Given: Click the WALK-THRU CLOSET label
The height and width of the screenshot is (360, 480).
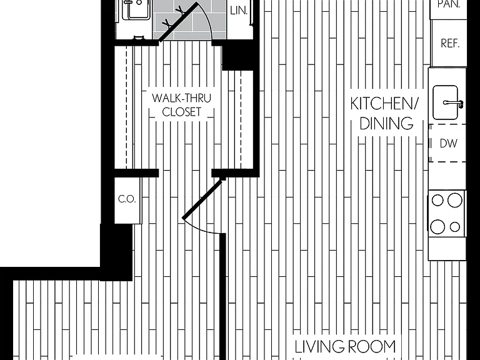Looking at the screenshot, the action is [x=181, y=105].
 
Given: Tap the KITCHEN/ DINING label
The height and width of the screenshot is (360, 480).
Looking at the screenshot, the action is [x=384, y=114].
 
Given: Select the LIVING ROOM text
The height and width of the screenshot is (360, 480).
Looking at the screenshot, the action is [x=345, y=347].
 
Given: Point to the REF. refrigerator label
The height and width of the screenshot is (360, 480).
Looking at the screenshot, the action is [x=450, y=44].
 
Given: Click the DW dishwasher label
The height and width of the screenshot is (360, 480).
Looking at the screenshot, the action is [x=449, y=143].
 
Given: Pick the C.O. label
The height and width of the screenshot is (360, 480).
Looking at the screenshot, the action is [x=127, y=199].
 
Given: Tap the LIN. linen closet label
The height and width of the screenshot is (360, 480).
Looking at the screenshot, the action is [x=239, y=11].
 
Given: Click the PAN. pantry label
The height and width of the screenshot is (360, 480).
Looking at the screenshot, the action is [x=449, y=4].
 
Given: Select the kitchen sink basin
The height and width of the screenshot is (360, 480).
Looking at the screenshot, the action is [x=446, y=102].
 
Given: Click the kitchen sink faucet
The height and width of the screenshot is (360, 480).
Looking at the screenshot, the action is [x=454, y=104].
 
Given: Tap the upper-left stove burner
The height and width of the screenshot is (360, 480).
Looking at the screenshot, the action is [x=437, y=201].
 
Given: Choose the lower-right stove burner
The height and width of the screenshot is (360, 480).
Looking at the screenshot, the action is [x=455, y=227].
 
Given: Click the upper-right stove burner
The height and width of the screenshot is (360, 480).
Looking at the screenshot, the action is [x=455, y=201].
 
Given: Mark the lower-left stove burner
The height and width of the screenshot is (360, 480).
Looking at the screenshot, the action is [x=437, y=227].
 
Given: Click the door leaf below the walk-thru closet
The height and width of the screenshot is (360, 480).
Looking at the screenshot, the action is [x=202, y=199].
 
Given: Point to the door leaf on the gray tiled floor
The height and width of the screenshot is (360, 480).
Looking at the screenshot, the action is [x=179, y=22].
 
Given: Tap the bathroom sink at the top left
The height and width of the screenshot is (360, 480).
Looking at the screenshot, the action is [x=136, y=10].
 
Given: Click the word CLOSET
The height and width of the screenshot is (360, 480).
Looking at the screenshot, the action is [x=181, y=112].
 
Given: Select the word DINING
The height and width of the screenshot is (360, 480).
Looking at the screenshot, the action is [x=386, y=124].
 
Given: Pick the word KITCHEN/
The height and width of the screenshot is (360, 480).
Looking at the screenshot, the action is [x=384, y=104].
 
